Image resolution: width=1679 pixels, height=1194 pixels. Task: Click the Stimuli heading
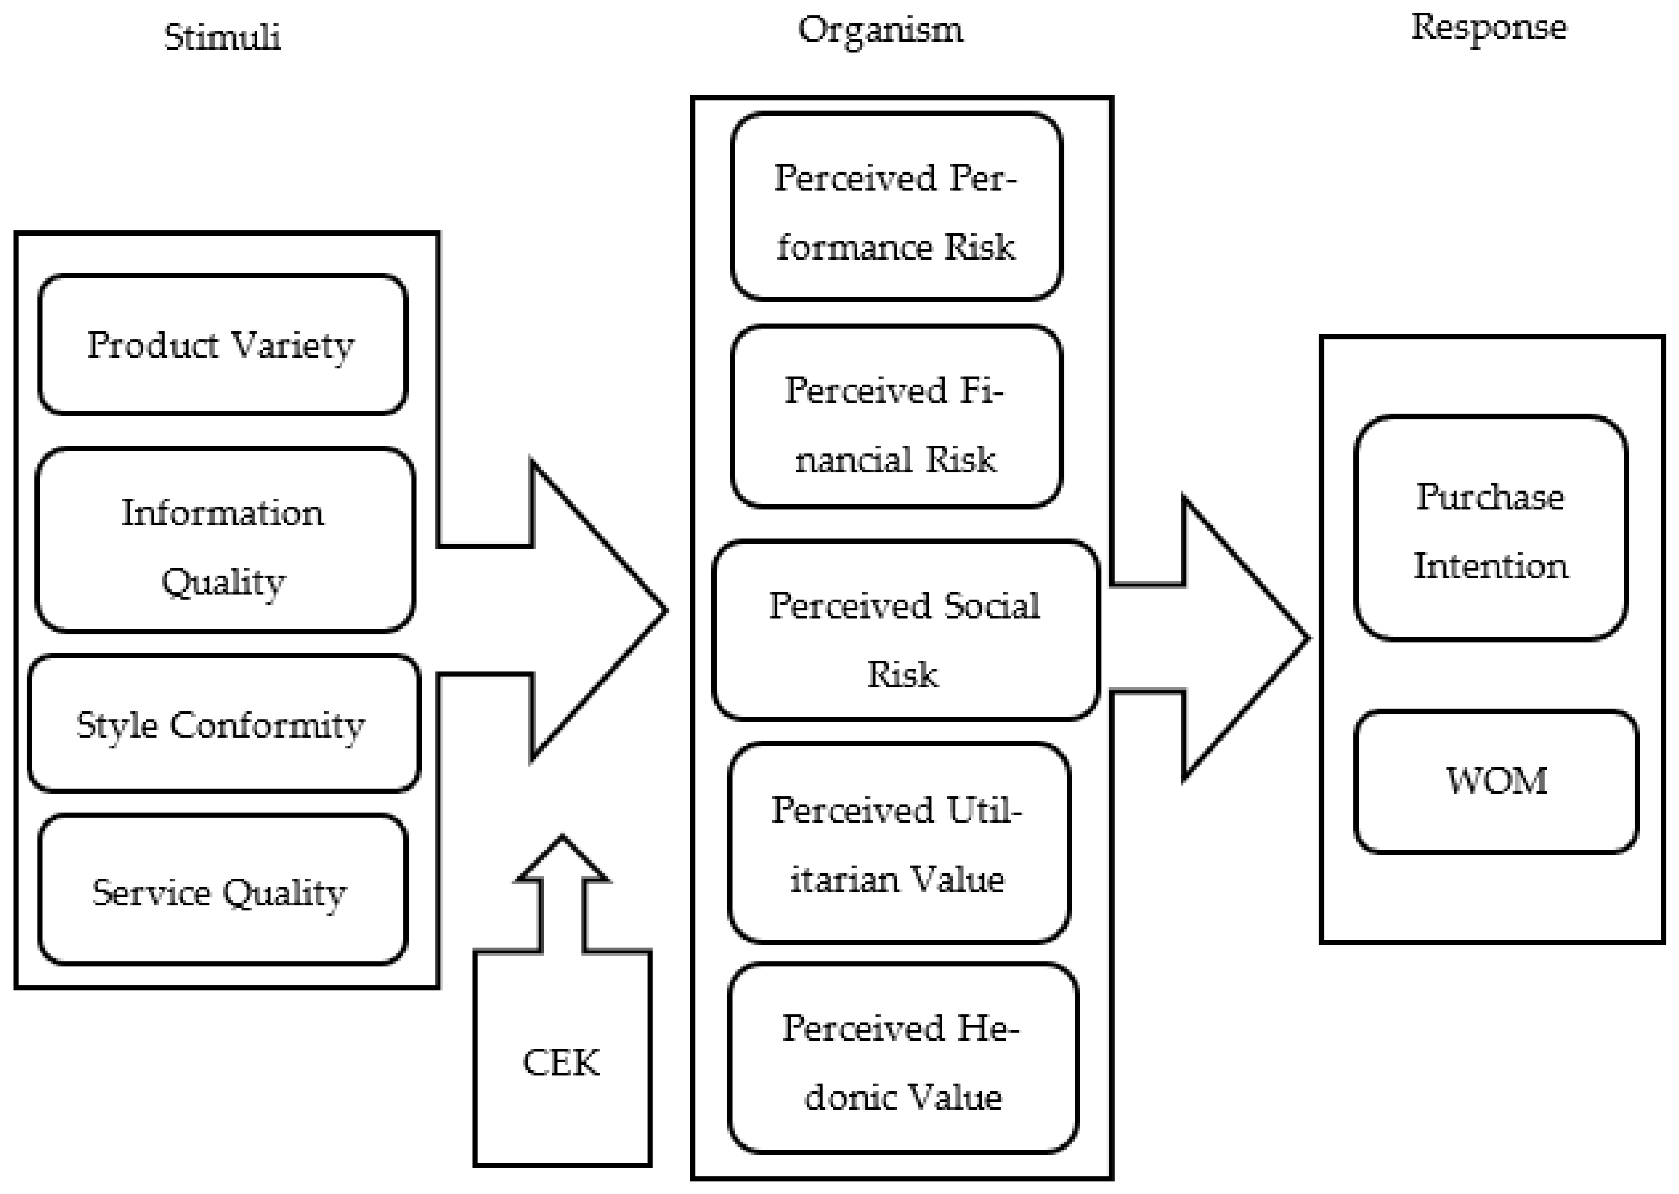click(222, 37)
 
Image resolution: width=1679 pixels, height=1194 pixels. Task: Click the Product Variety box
click(222, 345)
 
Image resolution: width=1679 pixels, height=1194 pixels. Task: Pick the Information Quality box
click(224, 540)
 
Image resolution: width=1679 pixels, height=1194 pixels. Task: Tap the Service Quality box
click(221, 890)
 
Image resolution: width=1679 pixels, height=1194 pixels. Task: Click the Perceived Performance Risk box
click(896, 206)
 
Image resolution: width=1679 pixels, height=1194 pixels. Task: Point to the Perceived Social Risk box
click(905, 631)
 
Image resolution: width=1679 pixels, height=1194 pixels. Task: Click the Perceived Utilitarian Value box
click(898, 843)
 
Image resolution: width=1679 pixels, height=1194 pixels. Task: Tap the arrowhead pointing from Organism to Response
click(1279, 638)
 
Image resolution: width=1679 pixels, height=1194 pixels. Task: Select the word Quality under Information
click(224, 582)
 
